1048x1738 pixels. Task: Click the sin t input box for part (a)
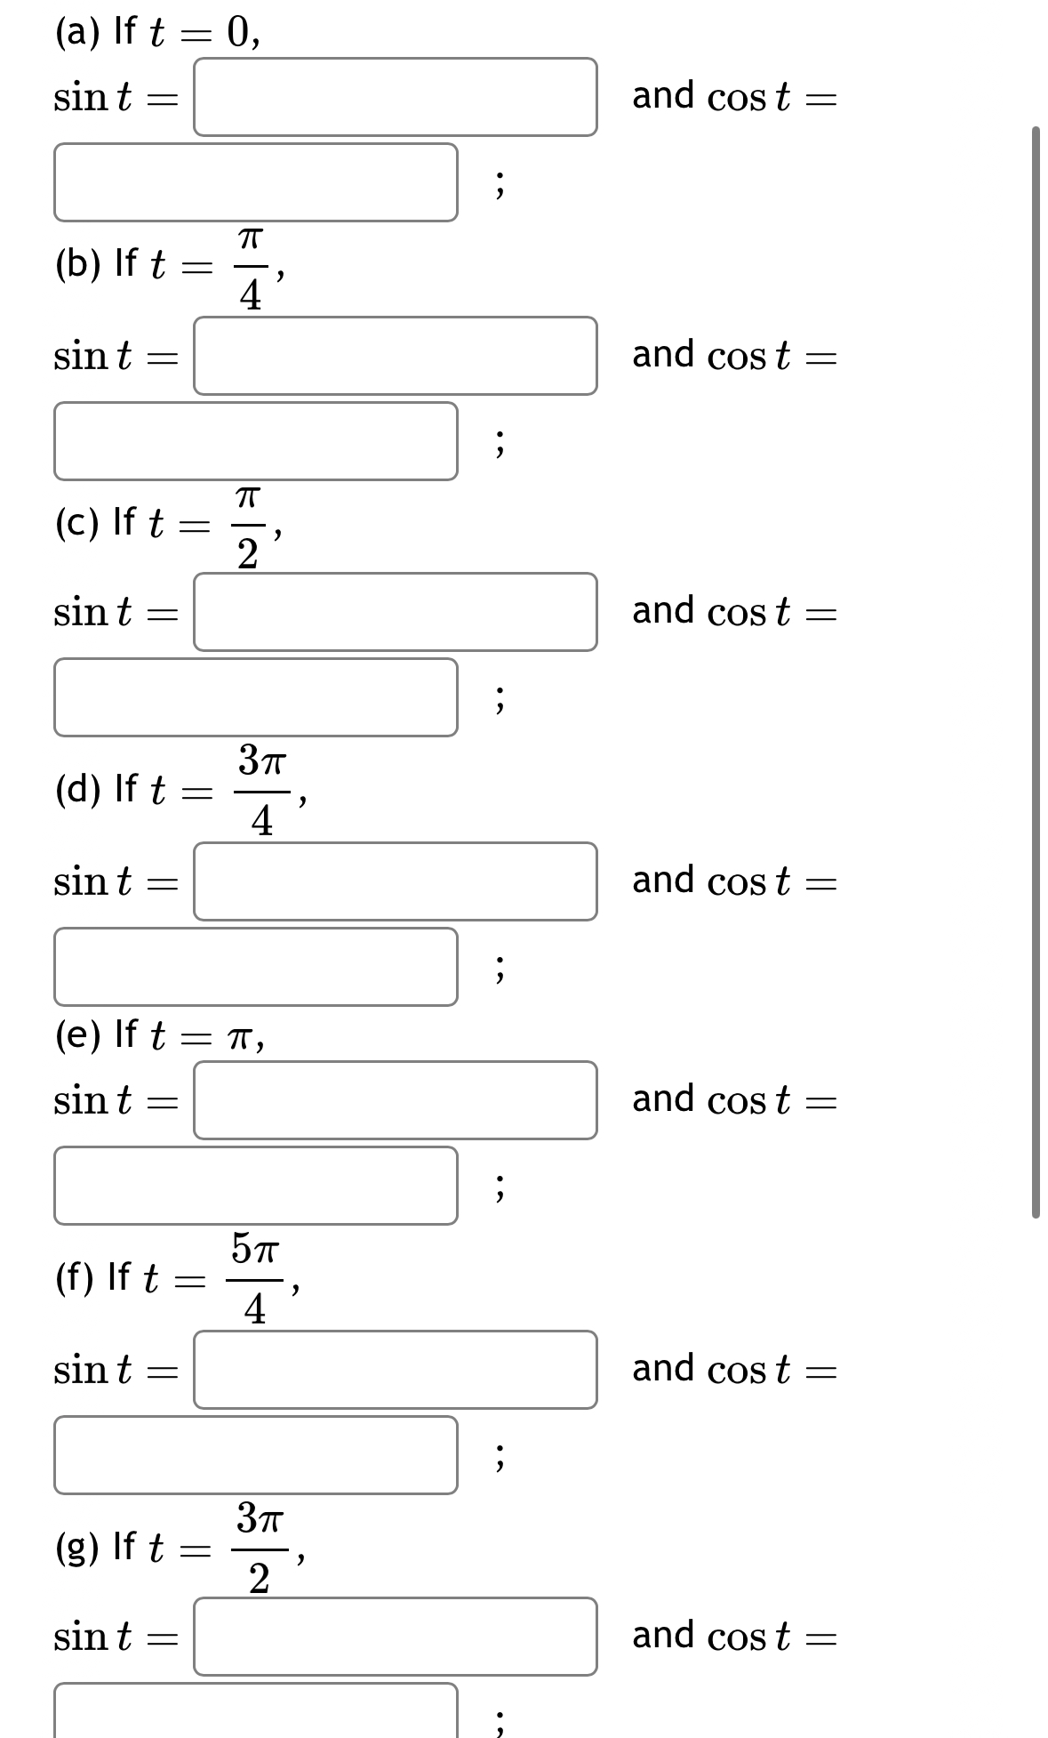click(396, 97)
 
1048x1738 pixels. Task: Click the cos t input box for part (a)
click(256, 182)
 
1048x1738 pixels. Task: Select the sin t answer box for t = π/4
click(396, 356)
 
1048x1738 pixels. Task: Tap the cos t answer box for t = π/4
click(256, 441)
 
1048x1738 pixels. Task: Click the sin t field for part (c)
click(396, 612)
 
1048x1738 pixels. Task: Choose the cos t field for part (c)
click(256, 697)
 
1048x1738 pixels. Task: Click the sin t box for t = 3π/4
click(396, 881)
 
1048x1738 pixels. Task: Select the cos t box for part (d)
click(256, 967)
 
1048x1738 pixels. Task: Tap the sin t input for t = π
click(396, 1100)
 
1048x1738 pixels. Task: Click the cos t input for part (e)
click(256, 1186)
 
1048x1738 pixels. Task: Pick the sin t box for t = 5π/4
click(396, 1370)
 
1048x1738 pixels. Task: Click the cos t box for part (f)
click(256, 1455)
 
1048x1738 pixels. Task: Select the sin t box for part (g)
click(396, 1637)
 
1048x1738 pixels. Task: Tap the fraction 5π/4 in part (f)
click(255, 1278)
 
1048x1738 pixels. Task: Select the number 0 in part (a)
click(237, 32)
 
